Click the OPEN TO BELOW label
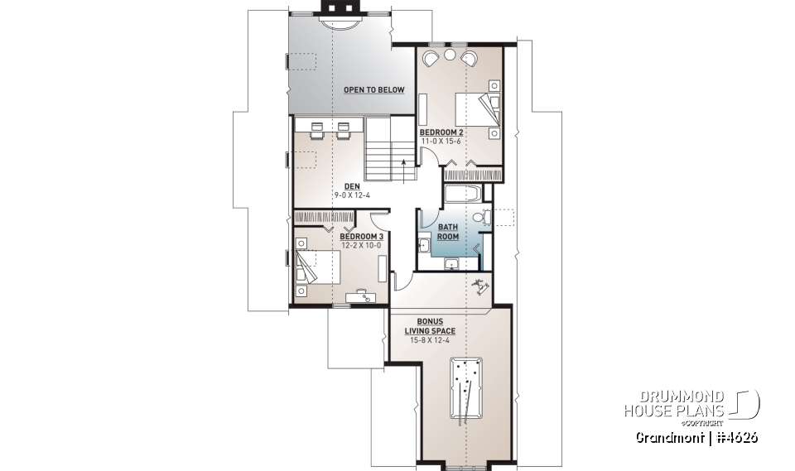374,89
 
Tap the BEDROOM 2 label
441,132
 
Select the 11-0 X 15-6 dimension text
441,142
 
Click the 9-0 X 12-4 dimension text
351,195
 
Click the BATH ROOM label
448,231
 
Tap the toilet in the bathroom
484,219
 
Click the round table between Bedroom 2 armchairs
450,55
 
